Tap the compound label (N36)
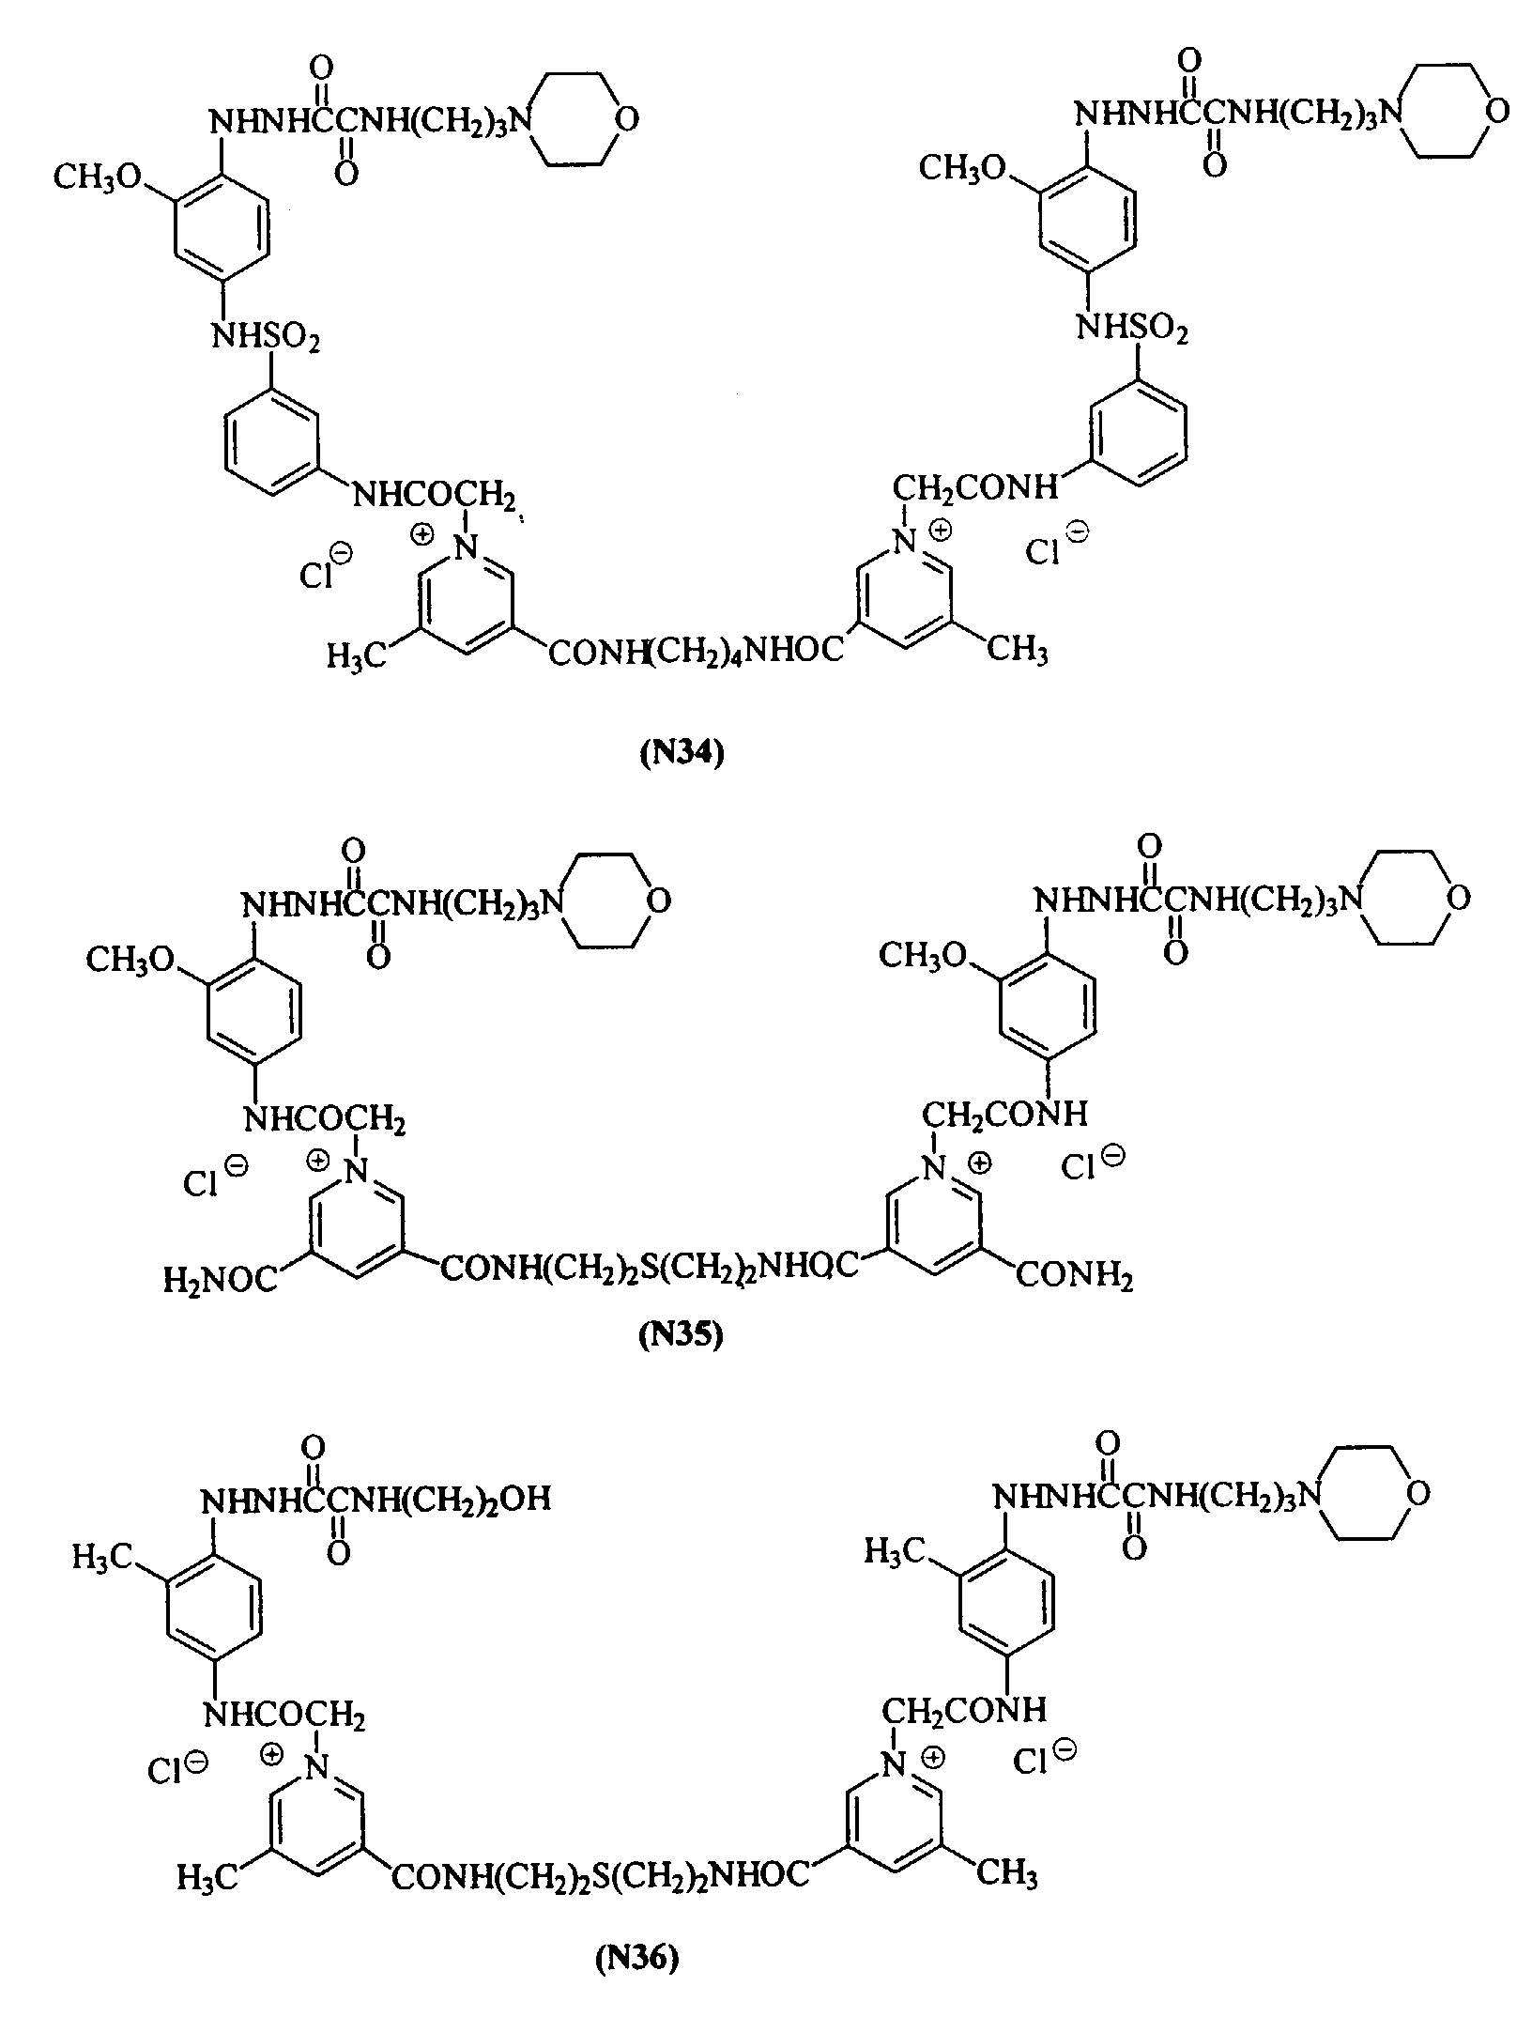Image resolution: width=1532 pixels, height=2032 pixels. coord(636,1960)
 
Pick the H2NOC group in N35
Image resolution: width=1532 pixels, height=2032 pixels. coord(222,1279)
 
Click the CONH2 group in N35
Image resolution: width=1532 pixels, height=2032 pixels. coord(1075,1276)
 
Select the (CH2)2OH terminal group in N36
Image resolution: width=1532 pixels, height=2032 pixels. coord(478,1498)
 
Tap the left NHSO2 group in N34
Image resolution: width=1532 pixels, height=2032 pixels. coord(266,337)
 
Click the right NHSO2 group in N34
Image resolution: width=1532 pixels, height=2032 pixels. coord(1132,330)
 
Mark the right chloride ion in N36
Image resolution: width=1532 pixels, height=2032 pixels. coord(1043,1759)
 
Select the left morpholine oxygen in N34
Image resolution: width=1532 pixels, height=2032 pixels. coord(628,119)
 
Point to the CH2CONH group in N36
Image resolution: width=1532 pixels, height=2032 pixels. coord(963,1709)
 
